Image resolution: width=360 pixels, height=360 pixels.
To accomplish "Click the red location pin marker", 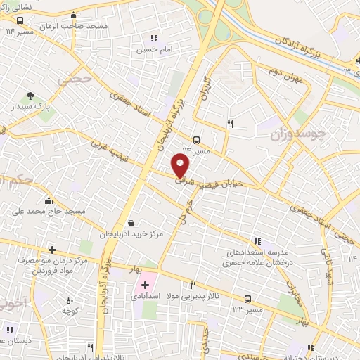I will click(181, 166).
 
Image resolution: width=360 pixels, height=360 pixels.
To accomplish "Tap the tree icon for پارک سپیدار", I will click(30, 96).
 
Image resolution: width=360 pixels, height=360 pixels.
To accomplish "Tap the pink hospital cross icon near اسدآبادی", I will click(145, 285).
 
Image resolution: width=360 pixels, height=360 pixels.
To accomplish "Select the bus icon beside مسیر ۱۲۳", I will click(247, 298).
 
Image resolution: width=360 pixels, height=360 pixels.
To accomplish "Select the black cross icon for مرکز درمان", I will click(53, 250).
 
